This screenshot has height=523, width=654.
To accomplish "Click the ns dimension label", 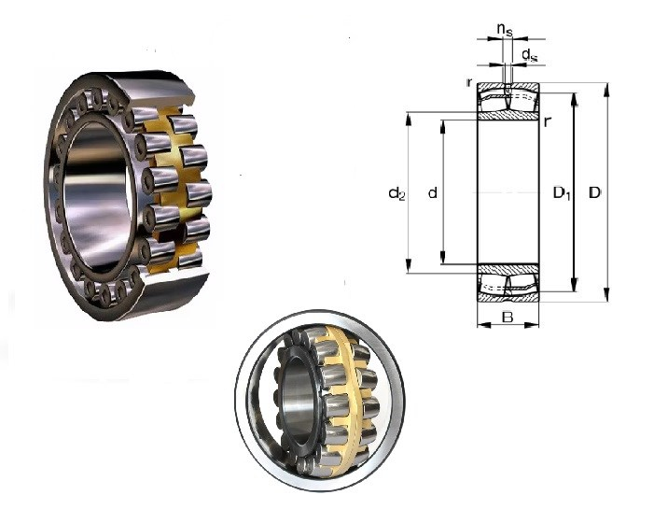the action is pyautogui.click(x=505, y=29).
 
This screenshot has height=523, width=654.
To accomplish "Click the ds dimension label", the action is pyautogui.click(x=529, y=54).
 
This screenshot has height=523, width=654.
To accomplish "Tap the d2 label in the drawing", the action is pyautogui.click(x=397, y=193).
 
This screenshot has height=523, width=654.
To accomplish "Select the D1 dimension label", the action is pyautogui.click(x=562, y=193).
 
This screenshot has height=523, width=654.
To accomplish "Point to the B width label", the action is pyautogui.click(x=508, y=318).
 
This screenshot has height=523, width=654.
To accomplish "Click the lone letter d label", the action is pyautogui.click(x=433, y=192).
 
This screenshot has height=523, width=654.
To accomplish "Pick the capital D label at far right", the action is pyautogui.click(x=595, y=192).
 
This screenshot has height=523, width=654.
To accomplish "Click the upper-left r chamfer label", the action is pyautogui.click(x=469, y=82).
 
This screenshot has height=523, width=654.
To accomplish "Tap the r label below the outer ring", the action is pyautogui.click(x=548, y=121).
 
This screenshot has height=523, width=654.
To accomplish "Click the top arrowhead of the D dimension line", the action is pyautogui.click(x=606, y=90).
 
